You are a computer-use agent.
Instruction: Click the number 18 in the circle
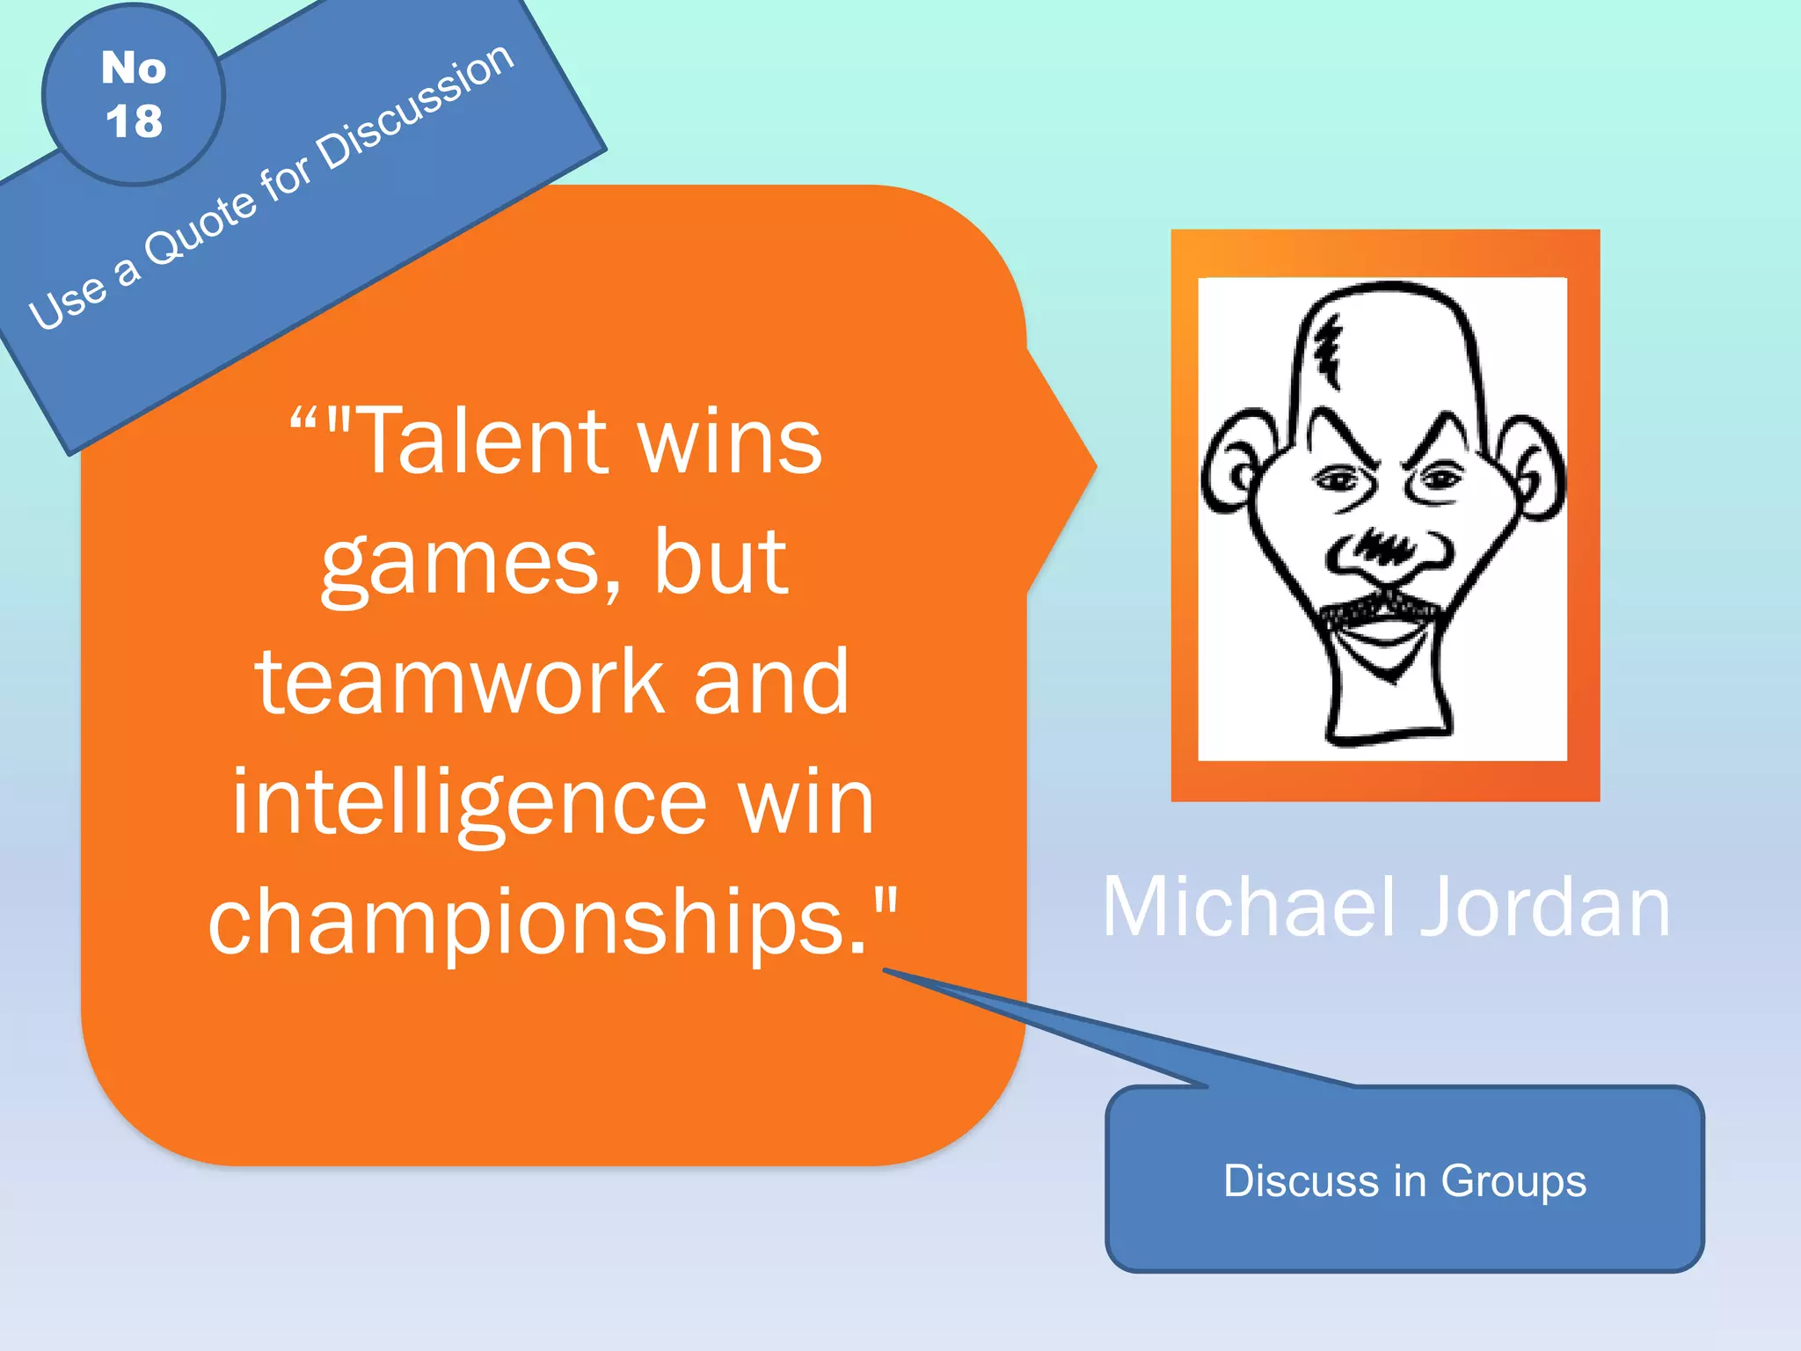pos(135,120)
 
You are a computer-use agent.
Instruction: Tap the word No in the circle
pos(134,68)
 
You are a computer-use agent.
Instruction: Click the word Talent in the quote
pos(481,442)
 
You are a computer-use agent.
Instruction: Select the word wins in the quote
pos(730,442)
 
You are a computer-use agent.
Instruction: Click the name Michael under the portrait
pos(1249,908)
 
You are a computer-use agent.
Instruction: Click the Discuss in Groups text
pos(1404,1180)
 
